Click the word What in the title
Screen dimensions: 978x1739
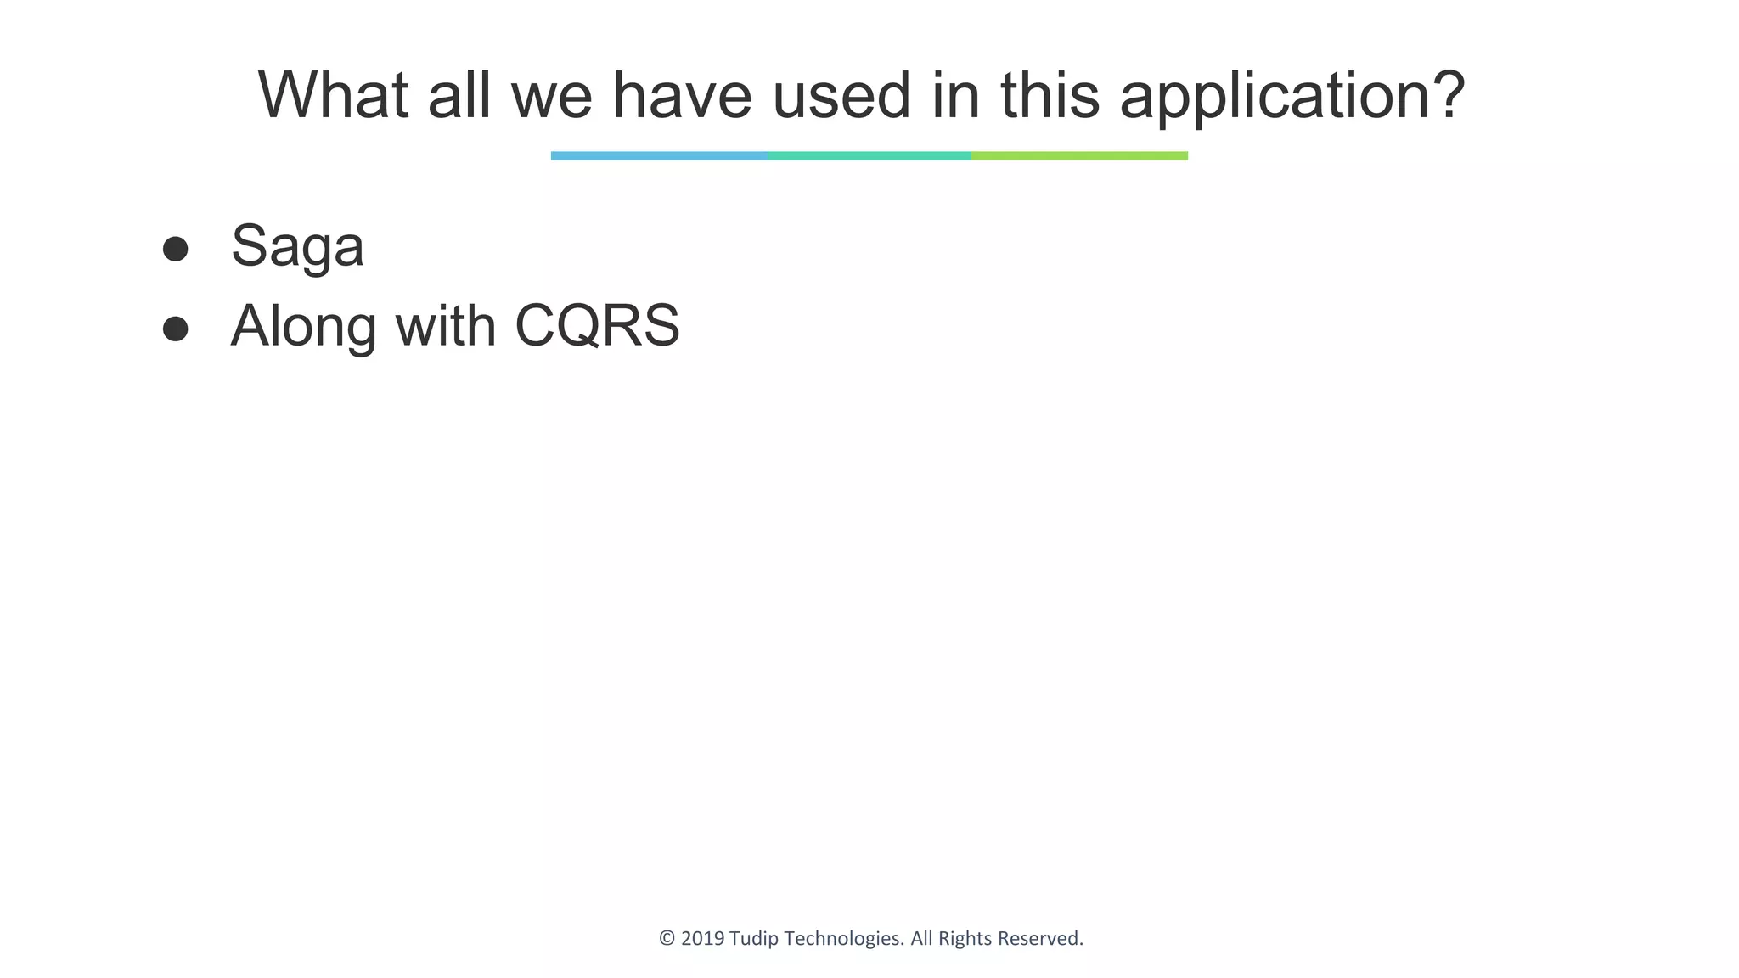coord(333,95)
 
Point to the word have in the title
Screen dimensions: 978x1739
coord(682,95)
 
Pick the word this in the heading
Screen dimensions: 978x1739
coord(1050,95)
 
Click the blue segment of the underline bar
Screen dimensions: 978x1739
coord(659,156)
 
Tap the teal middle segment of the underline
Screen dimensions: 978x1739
coord(869,156)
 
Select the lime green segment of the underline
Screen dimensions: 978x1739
coord(1079,156)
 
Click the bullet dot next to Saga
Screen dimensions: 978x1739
coord(175,249)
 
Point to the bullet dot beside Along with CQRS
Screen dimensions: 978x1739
coord(175,329)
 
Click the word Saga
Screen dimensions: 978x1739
coord(297,247)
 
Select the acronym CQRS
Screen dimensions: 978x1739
coord(597,326)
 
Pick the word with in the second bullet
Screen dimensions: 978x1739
coord(446,326)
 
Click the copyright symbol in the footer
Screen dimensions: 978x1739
coord(667,939)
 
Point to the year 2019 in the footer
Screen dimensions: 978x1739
coord(702,939)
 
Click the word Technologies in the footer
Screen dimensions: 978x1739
coord(843,939)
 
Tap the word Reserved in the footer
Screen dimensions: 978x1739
coord(1040,939)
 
